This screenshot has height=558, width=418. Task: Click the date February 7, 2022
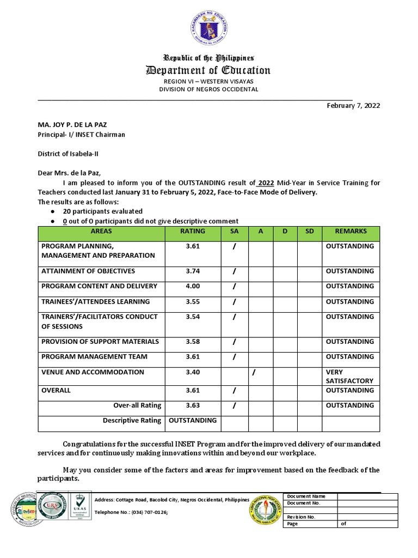click(353, 106)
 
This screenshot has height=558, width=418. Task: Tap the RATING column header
click(193, 231)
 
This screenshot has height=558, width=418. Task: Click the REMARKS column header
click(351, 231)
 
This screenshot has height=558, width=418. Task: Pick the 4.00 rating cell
click(193, 286)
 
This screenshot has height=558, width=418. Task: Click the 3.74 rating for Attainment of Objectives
click(193, 271)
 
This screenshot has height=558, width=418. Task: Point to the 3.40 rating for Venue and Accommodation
click(193, 372)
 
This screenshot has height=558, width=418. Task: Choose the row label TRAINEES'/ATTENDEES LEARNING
click(95, 301)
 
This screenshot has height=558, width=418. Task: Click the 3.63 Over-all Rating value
click(193, 405)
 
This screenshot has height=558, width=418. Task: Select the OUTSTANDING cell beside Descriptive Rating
click(193, 420)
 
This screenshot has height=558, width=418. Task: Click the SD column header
click(310, 231)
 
